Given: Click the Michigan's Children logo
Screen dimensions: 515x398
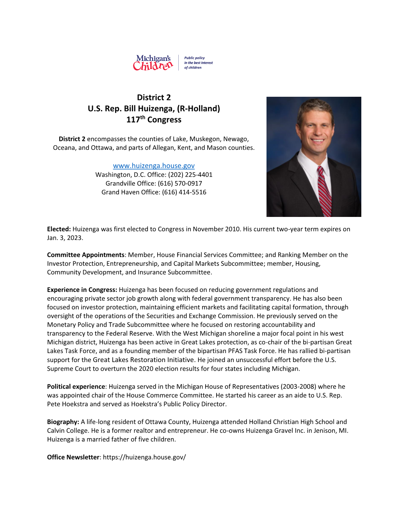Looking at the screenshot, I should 153,62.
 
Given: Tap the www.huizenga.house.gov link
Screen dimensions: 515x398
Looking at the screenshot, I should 154,165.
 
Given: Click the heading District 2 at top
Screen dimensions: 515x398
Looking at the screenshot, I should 154,98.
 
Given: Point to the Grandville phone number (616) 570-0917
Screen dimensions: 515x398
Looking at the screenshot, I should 180,183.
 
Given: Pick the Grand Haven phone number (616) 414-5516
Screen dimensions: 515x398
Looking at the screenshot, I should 184,192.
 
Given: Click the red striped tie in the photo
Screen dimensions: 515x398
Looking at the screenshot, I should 324,191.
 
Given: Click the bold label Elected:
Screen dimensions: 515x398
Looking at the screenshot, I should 59,229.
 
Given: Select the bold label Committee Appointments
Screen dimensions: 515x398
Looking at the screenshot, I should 85,255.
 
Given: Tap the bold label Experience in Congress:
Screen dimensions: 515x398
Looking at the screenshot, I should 82,289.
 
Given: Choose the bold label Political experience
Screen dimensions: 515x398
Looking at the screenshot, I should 76,386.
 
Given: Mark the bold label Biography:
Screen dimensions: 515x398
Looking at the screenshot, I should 63,422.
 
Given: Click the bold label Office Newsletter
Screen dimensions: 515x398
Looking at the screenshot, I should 73,457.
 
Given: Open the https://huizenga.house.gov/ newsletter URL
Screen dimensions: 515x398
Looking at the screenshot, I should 144,457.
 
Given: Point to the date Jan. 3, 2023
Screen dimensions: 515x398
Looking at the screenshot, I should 64,238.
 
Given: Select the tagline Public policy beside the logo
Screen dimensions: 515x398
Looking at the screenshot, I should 194,58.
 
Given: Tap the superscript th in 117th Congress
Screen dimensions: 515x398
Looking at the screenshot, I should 143,117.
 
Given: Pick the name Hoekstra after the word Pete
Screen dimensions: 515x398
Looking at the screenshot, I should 76,404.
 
